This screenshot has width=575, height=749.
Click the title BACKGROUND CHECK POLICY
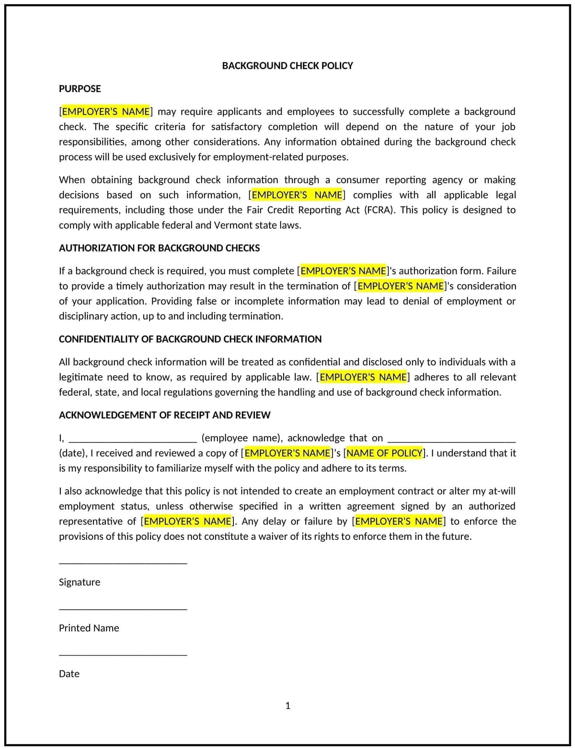point(287,66)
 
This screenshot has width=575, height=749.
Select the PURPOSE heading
point(80,89)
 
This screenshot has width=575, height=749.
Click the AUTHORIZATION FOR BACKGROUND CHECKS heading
point(159,248)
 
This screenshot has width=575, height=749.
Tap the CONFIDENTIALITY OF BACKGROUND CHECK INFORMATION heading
point(190,339)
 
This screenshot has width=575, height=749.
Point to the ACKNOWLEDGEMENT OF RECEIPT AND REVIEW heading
point(164,415)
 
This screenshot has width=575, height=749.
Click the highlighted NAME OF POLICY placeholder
point(384,453)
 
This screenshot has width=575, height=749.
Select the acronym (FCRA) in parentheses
point(380,210)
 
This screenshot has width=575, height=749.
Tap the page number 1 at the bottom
point(287,705)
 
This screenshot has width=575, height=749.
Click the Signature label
point(80,582)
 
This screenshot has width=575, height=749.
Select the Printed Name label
point(89,628)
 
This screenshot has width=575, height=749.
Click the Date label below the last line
point(69,674)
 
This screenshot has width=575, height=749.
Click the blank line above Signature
point(123,563)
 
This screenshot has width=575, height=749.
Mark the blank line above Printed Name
point(123,609)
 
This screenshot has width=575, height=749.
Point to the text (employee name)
point(242,438)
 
